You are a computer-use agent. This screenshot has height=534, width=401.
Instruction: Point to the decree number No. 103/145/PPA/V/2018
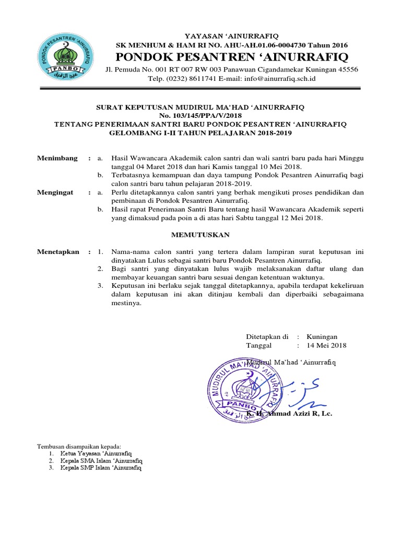(201, 115)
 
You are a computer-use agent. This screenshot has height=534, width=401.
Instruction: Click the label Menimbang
(57, 158)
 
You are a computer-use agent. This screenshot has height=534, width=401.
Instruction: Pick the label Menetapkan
(58, 252)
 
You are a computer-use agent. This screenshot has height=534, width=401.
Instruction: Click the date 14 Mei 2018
(326, 345)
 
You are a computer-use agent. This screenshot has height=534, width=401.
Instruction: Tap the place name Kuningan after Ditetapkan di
(322, 337)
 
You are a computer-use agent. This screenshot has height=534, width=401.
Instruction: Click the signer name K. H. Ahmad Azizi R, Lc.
(290, 414)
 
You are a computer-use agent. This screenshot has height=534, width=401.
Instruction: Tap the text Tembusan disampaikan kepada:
(78, 447)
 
